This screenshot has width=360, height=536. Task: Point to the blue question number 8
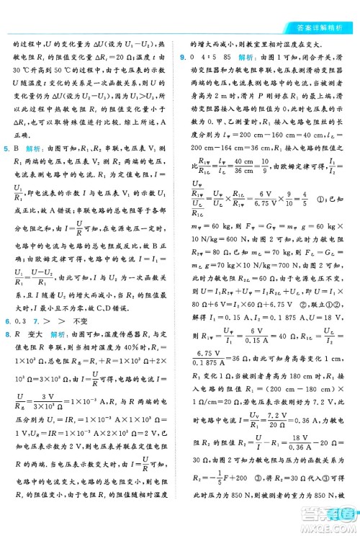(x=6, y=314)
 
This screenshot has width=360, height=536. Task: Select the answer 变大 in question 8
(x=35, y=314)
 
